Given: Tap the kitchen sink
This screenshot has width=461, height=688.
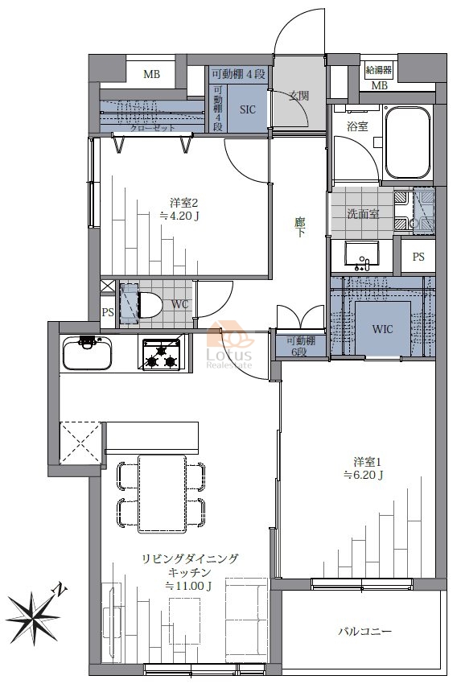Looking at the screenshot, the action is pyautogui.click(x=87, y=352).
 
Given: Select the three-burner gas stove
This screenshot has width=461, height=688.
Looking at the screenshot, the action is pyautogui.click(x=163, y=352).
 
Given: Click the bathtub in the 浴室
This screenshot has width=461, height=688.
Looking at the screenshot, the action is pyautogui.click(x=407, y=143).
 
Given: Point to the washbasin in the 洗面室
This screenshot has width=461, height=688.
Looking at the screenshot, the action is pyautogui.click(x=361, y=256).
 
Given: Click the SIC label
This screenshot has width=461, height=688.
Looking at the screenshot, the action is pyautogui.click(x=247, y=109).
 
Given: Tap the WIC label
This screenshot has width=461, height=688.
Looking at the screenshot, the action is pyautogui.click(x=382, y=329).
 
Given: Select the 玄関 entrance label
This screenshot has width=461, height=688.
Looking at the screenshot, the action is pyautogui.click(x=299, y=95).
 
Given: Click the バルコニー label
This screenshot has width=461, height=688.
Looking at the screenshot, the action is pyautogui.click(x=365, y=632).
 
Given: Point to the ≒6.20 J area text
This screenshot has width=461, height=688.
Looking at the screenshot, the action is pyautogui.click(x=364, y=475).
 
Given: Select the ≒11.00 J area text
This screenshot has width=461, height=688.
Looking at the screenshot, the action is pyautogui.click(x=189, y=586).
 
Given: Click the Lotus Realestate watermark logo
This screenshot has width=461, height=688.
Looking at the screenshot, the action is pyautogui.click(x=229, y=346).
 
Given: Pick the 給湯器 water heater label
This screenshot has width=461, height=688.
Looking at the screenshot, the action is pyautogui.click(x=379, y=70).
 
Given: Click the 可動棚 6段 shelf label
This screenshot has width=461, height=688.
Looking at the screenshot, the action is pyautogui.click(x=300, y=346).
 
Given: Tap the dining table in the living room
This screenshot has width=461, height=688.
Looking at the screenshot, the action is pyautogui.click(x=162, y=493).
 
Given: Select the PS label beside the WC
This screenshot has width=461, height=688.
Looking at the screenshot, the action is pyautogui.click(x=108, y=312).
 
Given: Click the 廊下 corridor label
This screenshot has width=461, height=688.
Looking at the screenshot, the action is pyautogui.click(x=299, y=227).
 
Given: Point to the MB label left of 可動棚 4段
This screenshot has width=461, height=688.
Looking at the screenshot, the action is pyautogui.click(x=152, y=74).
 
